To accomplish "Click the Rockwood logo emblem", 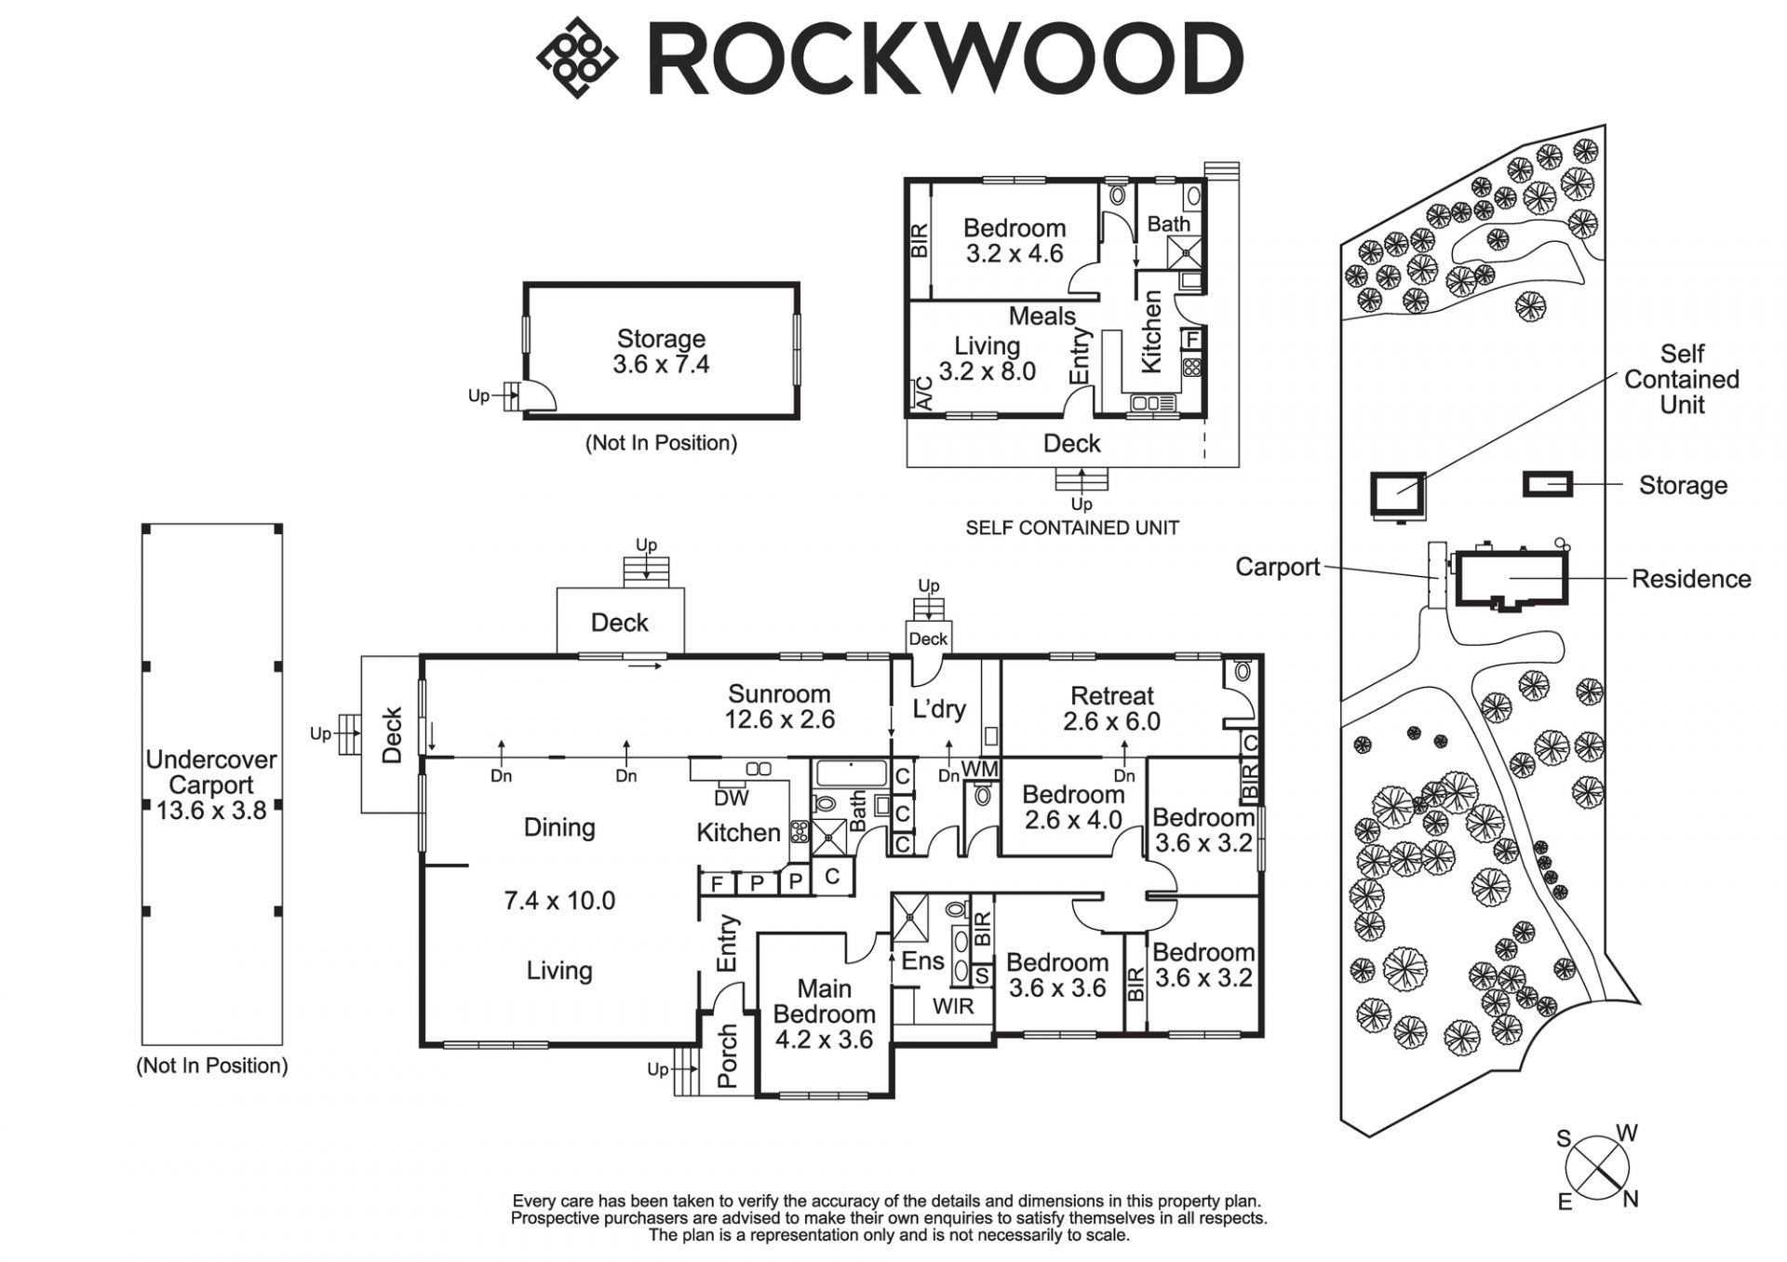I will (x=577, y=58).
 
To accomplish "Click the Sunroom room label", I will (x=779, y=706).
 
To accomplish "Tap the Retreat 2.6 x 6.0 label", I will (x=1111, y=708).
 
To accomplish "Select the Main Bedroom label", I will (x=824, y=1014).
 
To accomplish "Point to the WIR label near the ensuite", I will (x=953, y=1006).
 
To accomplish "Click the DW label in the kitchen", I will (x=731, y=798).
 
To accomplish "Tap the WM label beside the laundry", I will (x=979, y=770).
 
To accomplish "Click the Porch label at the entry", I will (x=728, y=1056).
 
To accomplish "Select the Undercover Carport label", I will (x=211, y=785).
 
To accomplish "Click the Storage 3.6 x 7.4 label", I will (x=661, y=352).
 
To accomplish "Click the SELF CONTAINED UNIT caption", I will (x=1072, y=528).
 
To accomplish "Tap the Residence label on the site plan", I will (x=1691, y=579).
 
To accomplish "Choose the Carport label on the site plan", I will (x=1277, y=567).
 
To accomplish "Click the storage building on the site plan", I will (x=1547, y=484).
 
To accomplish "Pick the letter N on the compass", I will (x=1631, y=1200).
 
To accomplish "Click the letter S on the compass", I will (x=1564, y=1138).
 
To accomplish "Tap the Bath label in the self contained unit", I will (x=1168, y=224).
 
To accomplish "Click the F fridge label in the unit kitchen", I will (x=1191, y=340).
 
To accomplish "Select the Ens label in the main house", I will (x=922, y=960).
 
